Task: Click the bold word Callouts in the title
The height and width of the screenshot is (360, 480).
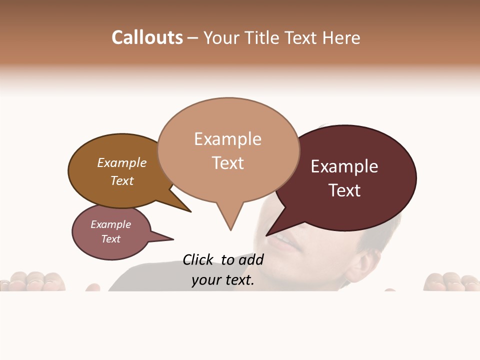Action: pos(147,37)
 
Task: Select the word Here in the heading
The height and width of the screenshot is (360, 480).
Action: pos(341,37)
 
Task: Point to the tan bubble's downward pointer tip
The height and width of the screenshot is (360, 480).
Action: pos(230,229)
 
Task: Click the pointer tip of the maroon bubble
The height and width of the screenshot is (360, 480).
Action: pos(267,235)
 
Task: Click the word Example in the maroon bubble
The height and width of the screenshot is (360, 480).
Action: pos(344,166)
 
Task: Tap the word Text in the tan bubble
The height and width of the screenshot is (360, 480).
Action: pos(228,163)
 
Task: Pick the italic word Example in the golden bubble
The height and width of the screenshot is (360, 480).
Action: pos(122,163)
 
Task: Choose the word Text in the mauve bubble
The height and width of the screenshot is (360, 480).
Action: pos(111,239)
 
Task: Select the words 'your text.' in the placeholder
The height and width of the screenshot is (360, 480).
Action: pos(223,280)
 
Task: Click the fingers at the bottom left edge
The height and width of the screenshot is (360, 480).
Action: pos(32,281)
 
